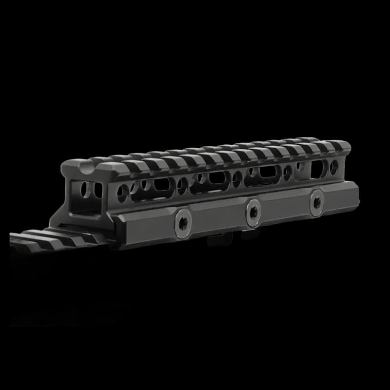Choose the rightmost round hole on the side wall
pyautogui.click(x=334, y=167)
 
